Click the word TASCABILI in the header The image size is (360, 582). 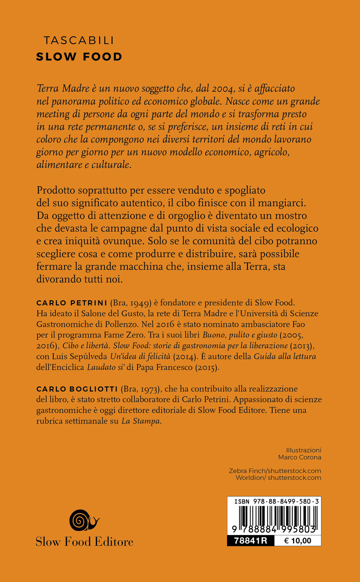pyautogui.click(x=79, y=40)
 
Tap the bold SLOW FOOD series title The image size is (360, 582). pyautogui.click(x=79, y=57)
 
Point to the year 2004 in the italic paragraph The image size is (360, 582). pyautogui.click(x=223, y=89)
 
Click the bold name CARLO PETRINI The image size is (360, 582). pyautogui.click(x=72, y=303)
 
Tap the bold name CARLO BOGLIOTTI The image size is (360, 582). pyautogui.click(x=77, y=389)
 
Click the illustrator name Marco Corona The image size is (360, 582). pyautogui.click(x=300, y=457)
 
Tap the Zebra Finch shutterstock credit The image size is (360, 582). pyautogui.click(x=275, y=471)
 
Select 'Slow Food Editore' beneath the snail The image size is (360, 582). pyautogui.click(x=85, y=542)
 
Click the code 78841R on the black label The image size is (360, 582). pyautogui.click(x=251, y=541)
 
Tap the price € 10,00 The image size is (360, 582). pyautogui.click(x=298, y=541)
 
